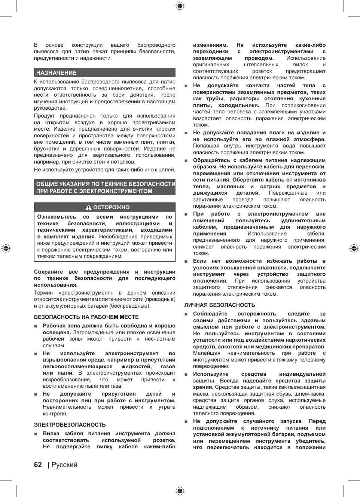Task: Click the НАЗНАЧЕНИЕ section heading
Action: tap(56, 73)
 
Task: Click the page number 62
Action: tap(38, 465)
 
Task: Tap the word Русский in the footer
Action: tap(64, 465)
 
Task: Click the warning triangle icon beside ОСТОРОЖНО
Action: tap(88, 208)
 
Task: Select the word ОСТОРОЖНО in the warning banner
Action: tap(111, 208)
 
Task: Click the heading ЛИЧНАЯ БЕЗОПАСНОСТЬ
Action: tap(219, 305)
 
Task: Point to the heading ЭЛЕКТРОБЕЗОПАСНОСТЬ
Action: tap(70, 425)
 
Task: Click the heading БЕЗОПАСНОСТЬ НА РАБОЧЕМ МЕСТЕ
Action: tap(86, 317)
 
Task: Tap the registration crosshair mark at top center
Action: tap(180, 6)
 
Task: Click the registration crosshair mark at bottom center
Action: tap(180, 491)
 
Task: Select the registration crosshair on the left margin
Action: tap(6, 248)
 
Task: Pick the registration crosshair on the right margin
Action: tap(354, 248)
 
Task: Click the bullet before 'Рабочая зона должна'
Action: tap(36, 326)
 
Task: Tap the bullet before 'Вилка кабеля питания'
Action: tap(36, 434)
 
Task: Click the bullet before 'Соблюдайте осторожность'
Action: tap(186, 314)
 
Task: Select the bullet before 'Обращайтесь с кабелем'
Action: tap(186, 161)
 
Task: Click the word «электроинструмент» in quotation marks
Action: tap(86, 293)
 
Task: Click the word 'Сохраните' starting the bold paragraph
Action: tap(48, 272)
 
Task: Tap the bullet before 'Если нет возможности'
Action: tap(186, 261)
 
